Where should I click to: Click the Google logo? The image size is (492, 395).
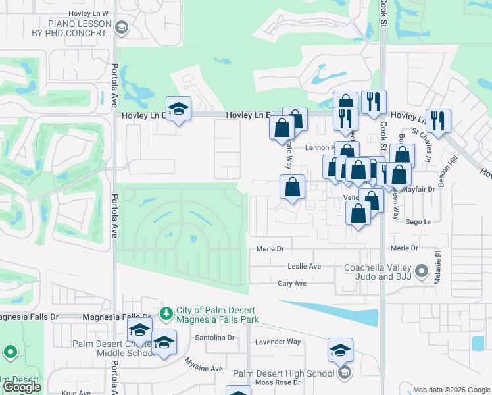coord(22,387)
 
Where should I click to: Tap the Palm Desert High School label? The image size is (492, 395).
coord(283,373)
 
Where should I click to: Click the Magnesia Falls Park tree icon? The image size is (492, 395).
coord(167,311)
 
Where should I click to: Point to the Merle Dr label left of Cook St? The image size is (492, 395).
coord(270,248)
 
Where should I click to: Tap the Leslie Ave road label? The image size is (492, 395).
coord(305,266)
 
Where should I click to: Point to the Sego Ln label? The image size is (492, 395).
coord(418,223)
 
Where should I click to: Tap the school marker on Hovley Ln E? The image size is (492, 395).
coord(178,109)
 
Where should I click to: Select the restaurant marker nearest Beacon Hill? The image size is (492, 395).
coord(438,121)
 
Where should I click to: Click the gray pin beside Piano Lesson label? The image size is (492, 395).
coord(121,27)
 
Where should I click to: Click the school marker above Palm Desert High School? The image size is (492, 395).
coord(340,350)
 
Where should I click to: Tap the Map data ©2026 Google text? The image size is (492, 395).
coord(451,389)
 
